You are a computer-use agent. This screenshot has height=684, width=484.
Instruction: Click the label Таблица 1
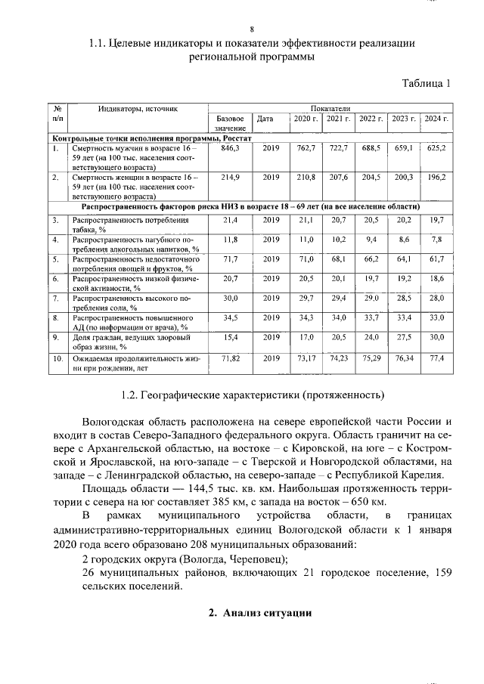424,83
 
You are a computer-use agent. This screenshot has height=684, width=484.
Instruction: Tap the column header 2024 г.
436,119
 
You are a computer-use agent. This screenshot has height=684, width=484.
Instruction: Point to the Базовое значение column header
230,124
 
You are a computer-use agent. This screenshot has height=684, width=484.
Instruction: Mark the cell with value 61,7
436,259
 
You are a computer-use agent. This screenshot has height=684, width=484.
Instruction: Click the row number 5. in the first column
56,259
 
